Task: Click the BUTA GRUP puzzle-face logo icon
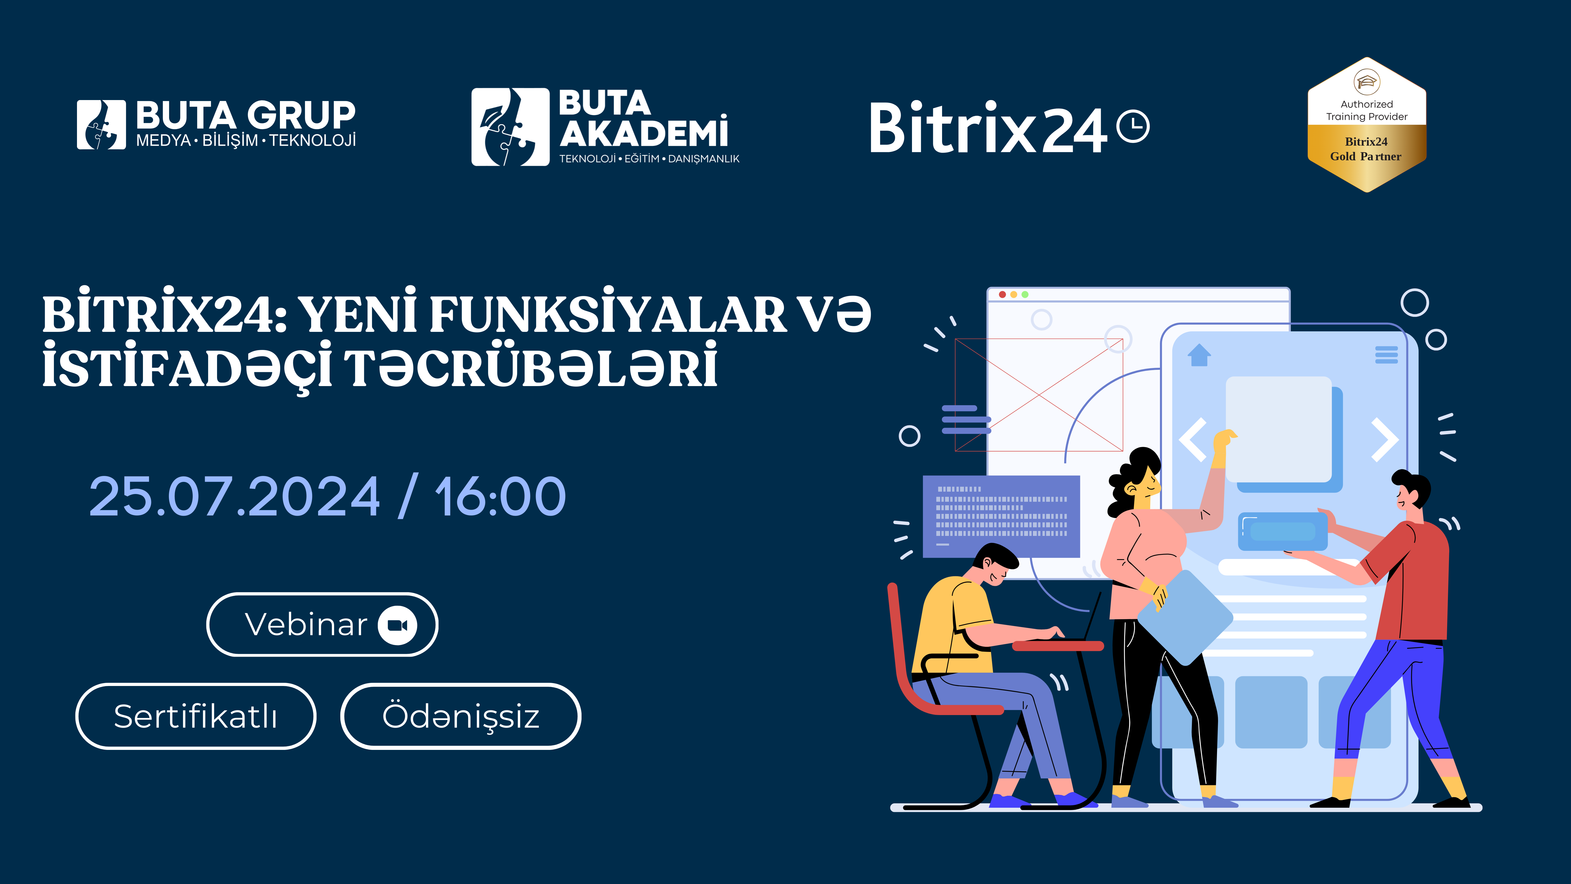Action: tap(101, 124)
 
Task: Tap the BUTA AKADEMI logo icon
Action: tap(511, 127)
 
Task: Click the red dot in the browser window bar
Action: tap(1002, 295)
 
